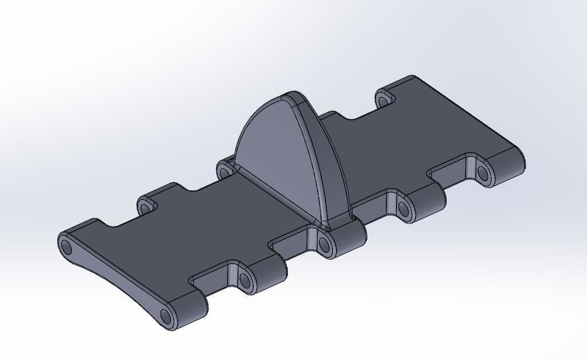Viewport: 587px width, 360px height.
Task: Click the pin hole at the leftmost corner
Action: click(66, 248)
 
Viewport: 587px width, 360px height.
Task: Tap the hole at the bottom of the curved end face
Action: click(166, 316)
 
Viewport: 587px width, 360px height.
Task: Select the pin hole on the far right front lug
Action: click(483, 173)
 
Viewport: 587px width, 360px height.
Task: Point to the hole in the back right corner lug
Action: click(384, 101)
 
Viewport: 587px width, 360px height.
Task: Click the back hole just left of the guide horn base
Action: click(224, 170)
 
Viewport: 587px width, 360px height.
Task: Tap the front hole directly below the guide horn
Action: click(324, 245)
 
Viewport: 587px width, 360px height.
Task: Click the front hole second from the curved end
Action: click(245, 280)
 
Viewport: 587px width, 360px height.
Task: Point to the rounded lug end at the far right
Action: click(513, 161)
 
